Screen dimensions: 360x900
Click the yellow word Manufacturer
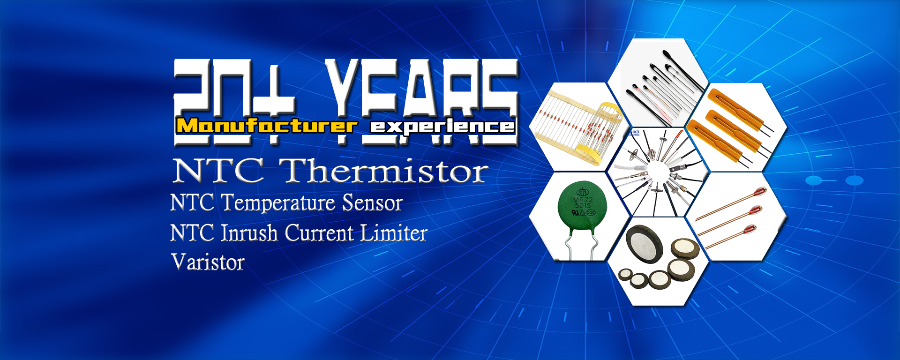pos(266,126)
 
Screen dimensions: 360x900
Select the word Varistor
pos(208,262)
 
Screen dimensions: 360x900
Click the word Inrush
pos(249,233)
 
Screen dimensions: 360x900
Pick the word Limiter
pos(393,233)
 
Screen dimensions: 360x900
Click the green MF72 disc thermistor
pos(582,207)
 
